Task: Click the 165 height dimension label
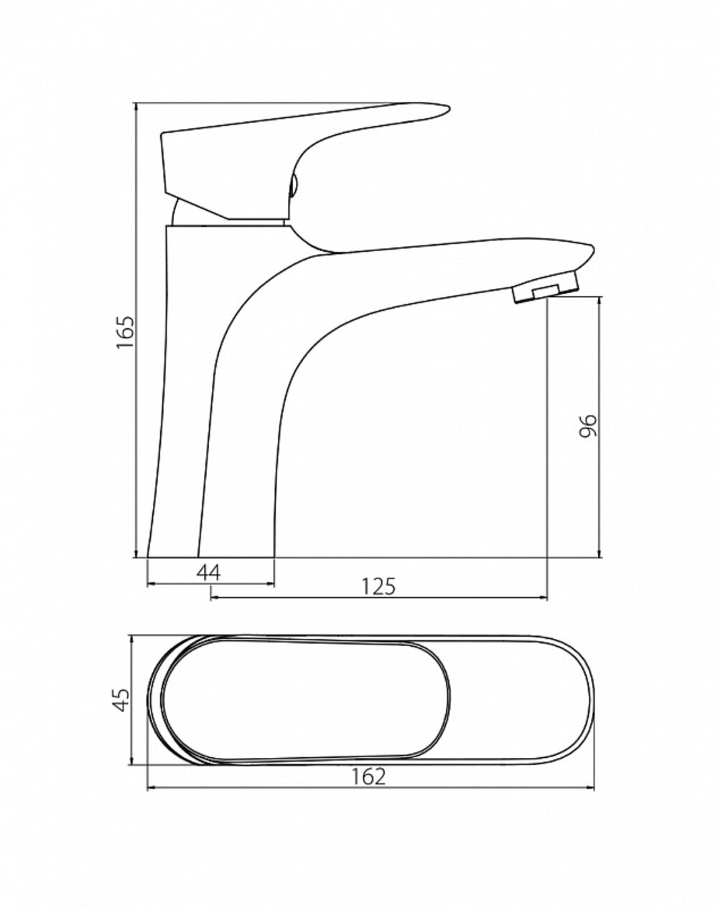pos(126,332)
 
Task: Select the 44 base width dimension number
pos(208,573)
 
